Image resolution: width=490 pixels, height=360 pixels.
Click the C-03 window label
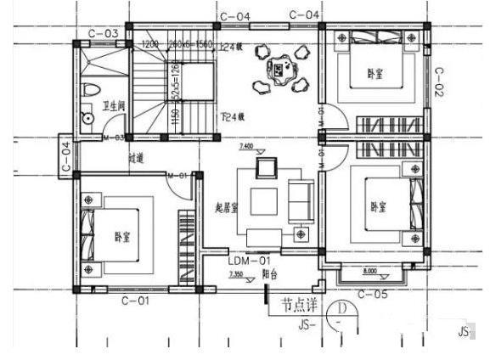coord(104,33)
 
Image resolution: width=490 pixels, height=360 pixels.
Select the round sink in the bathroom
coord(86,119)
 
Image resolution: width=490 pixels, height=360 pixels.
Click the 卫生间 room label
coord(114,106)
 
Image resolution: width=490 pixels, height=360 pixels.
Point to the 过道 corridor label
coord(136,157)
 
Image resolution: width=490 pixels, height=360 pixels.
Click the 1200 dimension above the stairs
coord(150,44)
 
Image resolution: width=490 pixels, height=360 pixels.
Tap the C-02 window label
coord(439,82)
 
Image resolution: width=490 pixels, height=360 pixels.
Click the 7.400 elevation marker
coord(247,146)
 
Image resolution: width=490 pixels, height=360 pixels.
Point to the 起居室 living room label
coord(227,206)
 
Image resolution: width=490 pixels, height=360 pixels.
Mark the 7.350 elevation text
coord(237,275)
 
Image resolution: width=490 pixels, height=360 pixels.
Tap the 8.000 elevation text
coord(370,273)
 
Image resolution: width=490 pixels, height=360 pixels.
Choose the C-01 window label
coord(135,300)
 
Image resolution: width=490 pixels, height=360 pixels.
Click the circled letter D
coord(339,308)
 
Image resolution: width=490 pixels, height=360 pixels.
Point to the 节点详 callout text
coord(301,304)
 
